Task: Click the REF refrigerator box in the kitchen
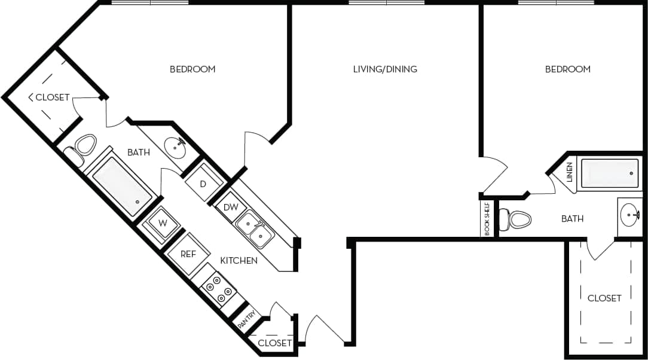[188, 254]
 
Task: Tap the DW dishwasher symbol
[231, 207]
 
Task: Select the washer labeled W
[161, 223]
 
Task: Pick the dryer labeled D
[203, 184]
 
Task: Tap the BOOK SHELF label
[488, 219]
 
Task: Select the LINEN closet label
[569, 172]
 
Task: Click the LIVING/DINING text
[385, 69]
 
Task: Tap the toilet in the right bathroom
[518, 219]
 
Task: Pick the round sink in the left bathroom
[175, 146]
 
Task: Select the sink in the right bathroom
[629, 213]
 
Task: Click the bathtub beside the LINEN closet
[609, 173]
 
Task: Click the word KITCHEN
[239, 261]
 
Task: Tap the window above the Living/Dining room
[386, 3]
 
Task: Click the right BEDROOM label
[567, 69]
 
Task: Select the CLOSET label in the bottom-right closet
[604, 298]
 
